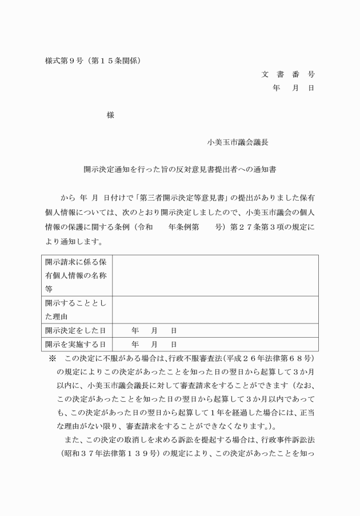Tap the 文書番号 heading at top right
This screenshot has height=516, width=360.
288,74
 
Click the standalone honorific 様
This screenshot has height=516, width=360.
110,115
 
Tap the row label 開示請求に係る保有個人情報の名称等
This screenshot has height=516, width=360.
76,275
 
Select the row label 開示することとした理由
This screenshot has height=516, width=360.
76,309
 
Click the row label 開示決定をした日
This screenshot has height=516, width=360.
75,330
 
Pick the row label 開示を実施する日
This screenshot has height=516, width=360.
75,344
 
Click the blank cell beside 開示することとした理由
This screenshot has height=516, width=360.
215,309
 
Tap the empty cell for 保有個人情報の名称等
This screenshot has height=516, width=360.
215,275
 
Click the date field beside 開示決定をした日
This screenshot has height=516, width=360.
154,330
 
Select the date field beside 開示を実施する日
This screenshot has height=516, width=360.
154,344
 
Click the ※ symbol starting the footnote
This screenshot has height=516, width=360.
53,358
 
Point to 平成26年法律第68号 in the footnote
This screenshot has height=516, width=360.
268,358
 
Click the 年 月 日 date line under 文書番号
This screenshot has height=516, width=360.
293,88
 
